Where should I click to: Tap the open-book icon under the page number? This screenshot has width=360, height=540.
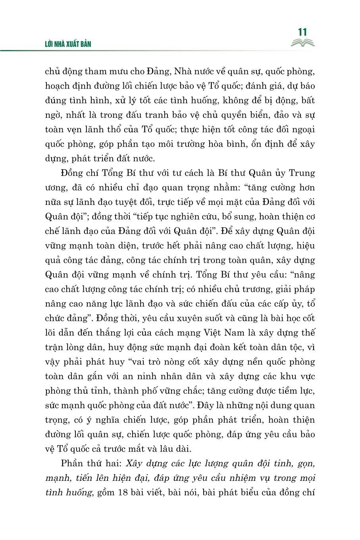pyautogui.click(x=302, y=43)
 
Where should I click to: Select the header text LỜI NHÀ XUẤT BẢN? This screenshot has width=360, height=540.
pyautogui.click(x=68, y=44)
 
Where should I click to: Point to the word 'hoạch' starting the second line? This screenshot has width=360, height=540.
pyautogui.click(x=58, y=86)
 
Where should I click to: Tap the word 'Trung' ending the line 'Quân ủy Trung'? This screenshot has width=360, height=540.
pyautogui.click(x=301, y=173)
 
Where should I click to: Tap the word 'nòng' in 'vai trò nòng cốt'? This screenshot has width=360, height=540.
pyautogui.click(x=167, y=362)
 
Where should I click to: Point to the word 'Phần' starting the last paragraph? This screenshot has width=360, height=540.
pyautogui.click(x=74, y=464)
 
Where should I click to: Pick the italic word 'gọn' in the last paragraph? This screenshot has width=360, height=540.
pyautogui.click(x=304, y=464)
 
